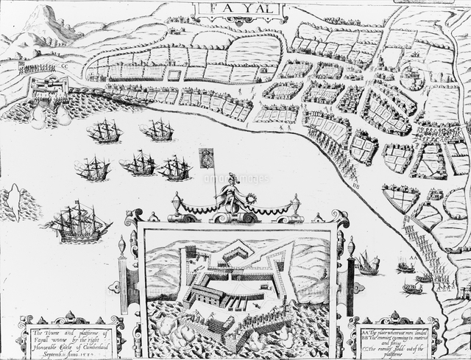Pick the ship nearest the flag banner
pyautogui.click(x=174, y=168)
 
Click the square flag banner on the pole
pyautogui.click(x=207, y=156)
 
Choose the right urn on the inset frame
pyautogui.click(x=295, y=203)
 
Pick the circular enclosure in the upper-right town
pyautogui.click(x=414, y=80)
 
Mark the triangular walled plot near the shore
pyautogui.click(x=400, y=197)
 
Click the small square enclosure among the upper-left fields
pyautogui.click(x=174, y=74)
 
